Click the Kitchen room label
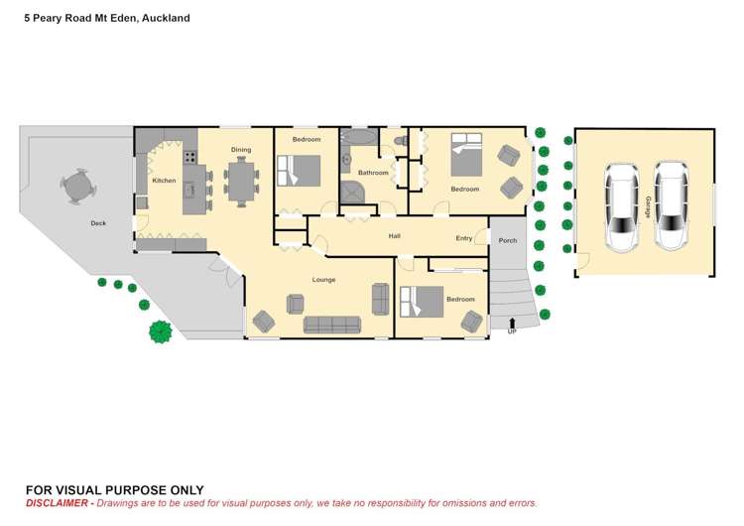pyautogui.click(x=164, y=181)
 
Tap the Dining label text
pyautogui.click(x=241, y=150)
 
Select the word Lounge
pyautogui.click(x=324, y=280)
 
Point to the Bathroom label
pyautogui.click(x=373, y=173)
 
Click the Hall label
pyautogui.click(x=394, y=236)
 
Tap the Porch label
pyautogui.click(x=507, y=240)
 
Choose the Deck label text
pyautogui.click(x=98, y=223)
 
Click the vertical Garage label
pyautogui.click(x=648, y=206)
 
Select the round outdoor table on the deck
pyautogui.click(x=76, y=185)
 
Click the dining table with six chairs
pyautogui.click(x=241, y=182)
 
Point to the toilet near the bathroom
pyautogui.click(x=400, y=144)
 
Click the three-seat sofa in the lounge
pyautogui.click(x=332, y=325)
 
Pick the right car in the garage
pyautogui.click(x=672, y=206)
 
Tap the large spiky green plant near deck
pyautogui.click(x=161, y=331)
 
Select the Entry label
pyautogui.click(x=464, y=238)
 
